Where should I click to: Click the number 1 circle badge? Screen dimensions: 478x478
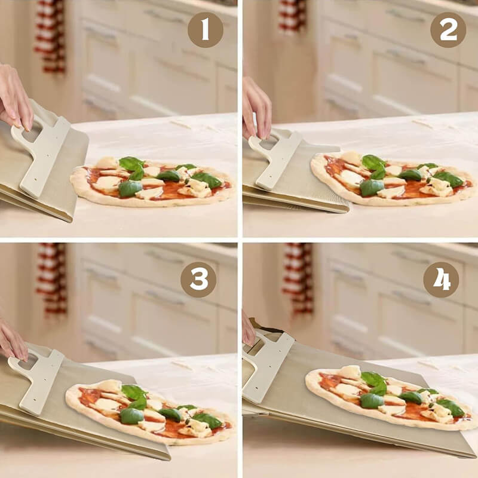pos(205,30)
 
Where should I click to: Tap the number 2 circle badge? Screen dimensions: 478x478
pos(448,30)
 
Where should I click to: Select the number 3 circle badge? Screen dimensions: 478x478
pos(198,280)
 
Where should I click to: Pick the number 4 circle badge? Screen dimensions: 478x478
pos(441,280)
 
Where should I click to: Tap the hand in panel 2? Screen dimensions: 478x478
pos(256,108)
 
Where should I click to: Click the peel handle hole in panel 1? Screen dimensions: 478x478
pos(32,131)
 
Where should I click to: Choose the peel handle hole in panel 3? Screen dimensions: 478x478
pos(27,361)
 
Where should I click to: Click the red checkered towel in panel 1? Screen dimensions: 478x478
pos(50,36)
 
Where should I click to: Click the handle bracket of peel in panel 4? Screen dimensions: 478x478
pos(268,366)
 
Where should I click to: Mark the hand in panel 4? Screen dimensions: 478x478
pos(249,329)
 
